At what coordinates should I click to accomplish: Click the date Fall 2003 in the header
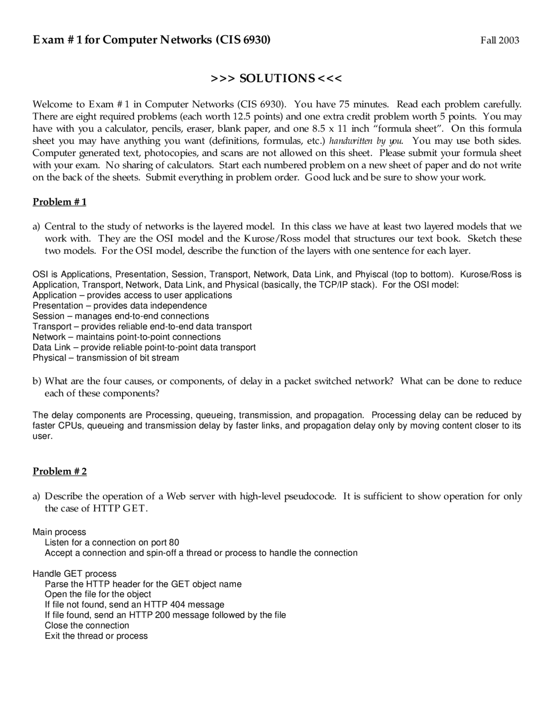(499, 41)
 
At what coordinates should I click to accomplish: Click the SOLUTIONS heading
(276, 78)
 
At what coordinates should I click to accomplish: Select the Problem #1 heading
(59, 202)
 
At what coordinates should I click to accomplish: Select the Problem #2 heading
(59, 472)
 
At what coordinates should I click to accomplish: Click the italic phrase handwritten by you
(366, 141)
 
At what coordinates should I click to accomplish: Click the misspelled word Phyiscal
(371, 275)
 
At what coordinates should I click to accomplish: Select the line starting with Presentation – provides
(119, 306)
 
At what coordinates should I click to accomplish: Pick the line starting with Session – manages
(121, 316)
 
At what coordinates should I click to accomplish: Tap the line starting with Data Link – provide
(144, 347)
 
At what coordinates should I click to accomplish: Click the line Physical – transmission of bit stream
(106, 358)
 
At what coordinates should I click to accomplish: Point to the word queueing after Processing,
(215, 415)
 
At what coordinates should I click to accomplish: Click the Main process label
(59, 532)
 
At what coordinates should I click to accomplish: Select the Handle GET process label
(74, 574)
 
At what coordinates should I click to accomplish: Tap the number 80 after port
(174, 543)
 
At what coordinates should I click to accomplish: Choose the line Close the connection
(87, 626)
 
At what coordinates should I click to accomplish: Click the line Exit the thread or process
(96, 636)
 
